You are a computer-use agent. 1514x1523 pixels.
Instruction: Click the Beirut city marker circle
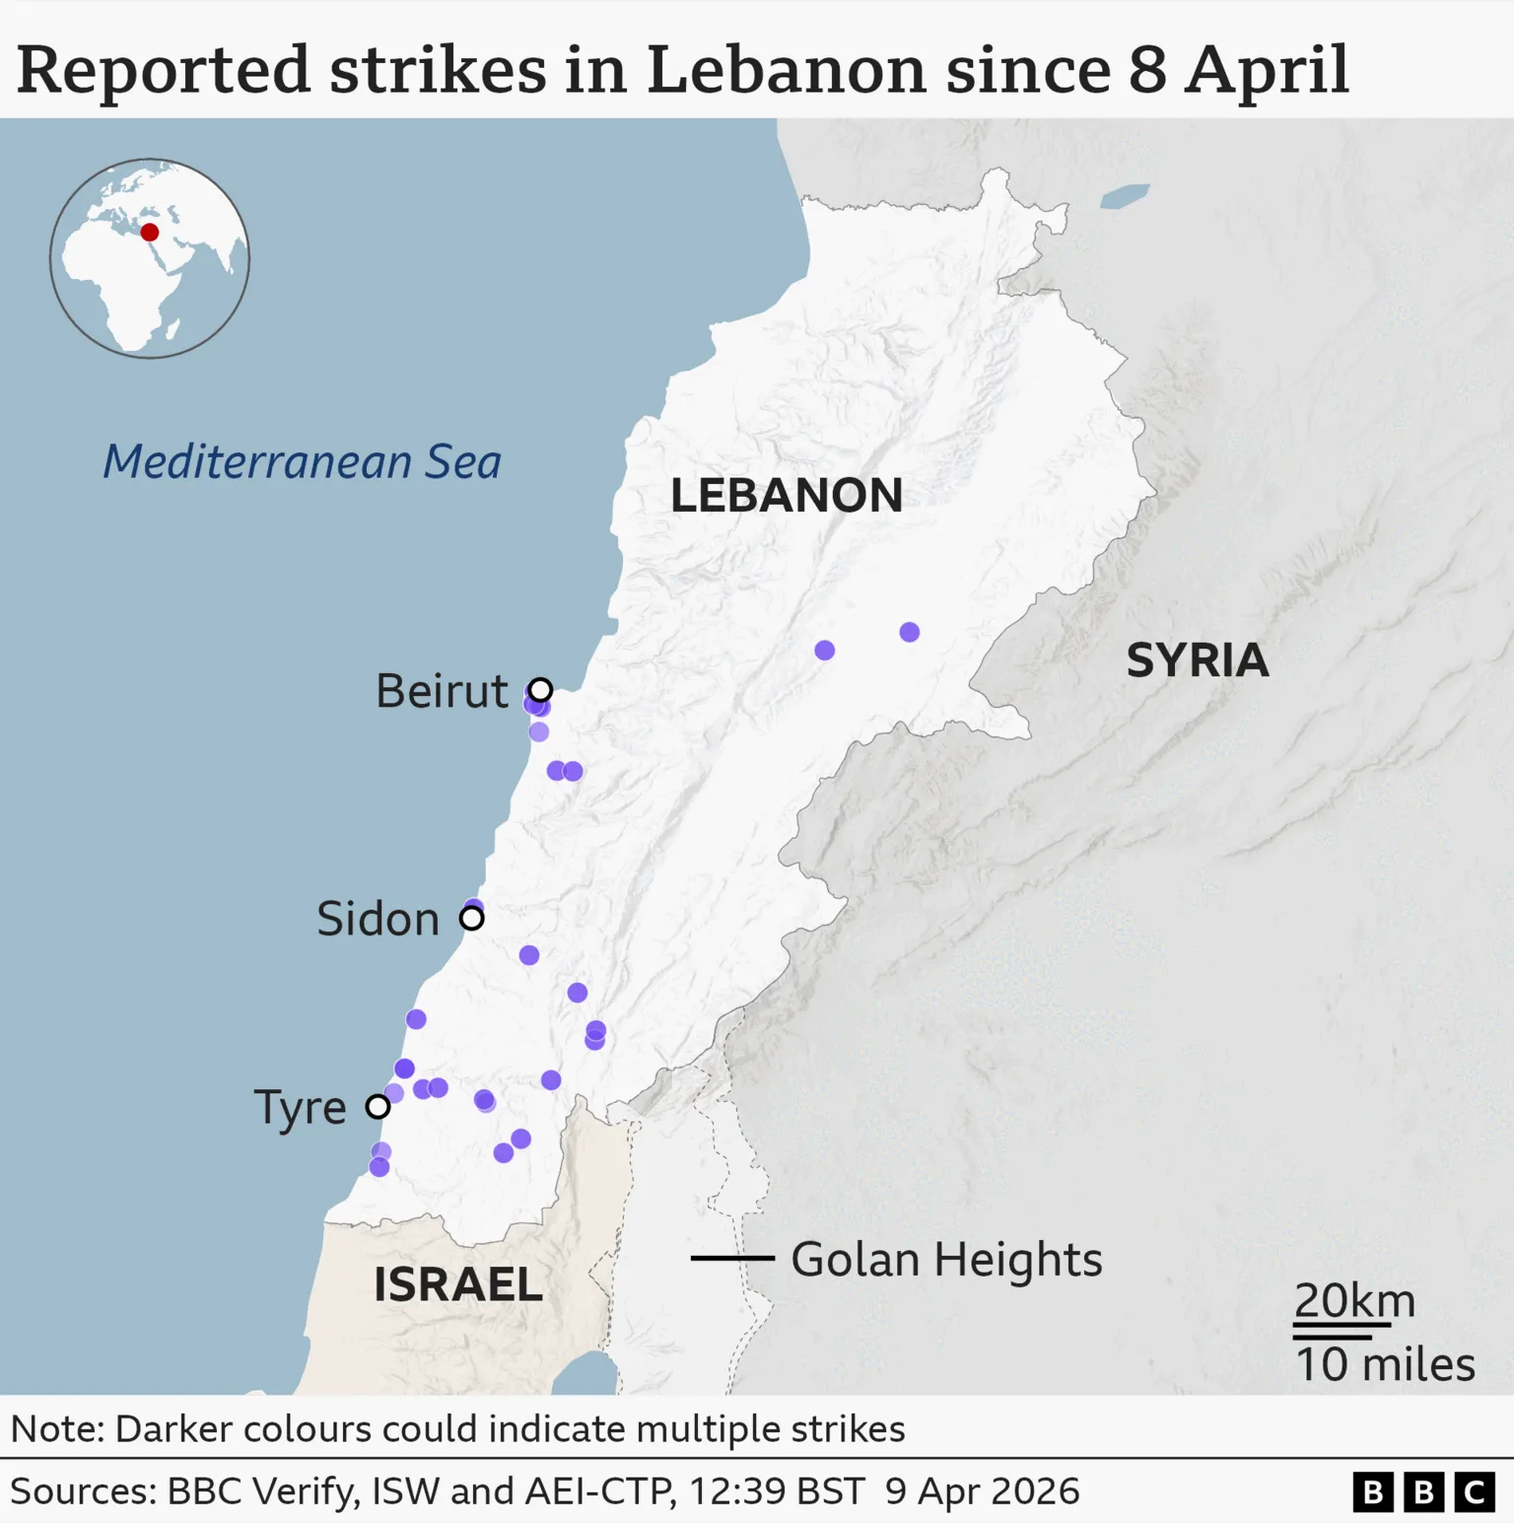[540, 689]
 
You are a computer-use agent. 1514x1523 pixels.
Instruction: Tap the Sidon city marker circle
[472, 918]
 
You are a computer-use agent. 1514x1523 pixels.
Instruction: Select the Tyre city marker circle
[378, 1106]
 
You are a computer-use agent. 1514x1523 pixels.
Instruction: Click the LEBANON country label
[786, 495]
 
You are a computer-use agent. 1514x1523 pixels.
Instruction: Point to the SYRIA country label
[1197, 659]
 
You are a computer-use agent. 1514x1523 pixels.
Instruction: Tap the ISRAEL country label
[457, 1283]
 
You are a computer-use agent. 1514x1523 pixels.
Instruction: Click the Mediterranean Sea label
[302, 461]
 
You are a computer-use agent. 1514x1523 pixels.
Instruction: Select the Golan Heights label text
[946, 1259]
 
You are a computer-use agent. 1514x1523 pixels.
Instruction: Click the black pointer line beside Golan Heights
[732, 1258]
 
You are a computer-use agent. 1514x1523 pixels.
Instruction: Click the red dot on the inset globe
[150, 233]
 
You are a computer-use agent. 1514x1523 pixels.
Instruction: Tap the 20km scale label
[1353, 1300]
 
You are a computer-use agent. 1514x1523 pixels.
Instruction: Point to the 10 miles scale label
[1384, 1364]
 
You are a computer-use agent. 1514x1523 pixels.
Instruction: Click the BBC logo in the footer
[1422, 1492]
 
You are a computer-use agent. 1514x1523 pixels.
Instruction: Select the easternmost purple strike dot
[910, 632]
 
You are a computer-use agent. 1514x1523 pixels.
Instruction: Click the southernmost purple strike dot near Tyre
[379, 1167]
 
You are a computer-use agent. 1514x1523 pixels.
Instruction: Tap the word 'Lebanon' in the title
[786, 70]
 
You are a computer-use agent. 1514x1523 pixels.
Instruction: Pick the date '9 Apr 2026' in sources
[982, 1491]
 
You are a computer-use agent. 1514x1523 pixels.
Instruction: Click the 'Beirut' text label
[442, 690]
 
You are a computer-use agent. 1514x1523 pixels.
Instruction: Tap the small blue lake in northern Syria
[1125, 196]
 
